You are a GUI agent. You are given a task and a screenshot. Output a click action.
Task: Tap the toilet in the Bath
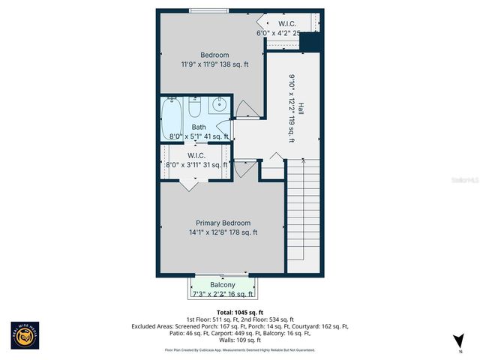(x=193, y=110)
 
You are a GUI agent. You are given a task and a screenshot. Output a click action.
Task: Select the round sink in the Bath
(x=220, y=105)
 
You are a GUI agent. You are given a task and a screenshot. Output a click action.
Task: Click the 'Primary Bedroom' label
(x=223, y=223)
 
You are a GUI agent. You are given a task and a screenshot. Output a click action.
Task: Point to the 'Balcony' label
(x=223, y=285)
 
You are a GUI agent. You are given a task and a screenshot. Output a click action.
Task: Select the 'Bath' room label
(x=198, y=127)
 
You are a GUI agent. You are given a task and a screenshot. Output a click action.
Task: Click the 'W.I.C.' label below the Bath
(x=198, y=155)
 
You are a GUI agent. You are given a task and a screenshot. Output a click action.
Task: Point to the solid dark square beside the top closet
(x=311, y=41)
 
